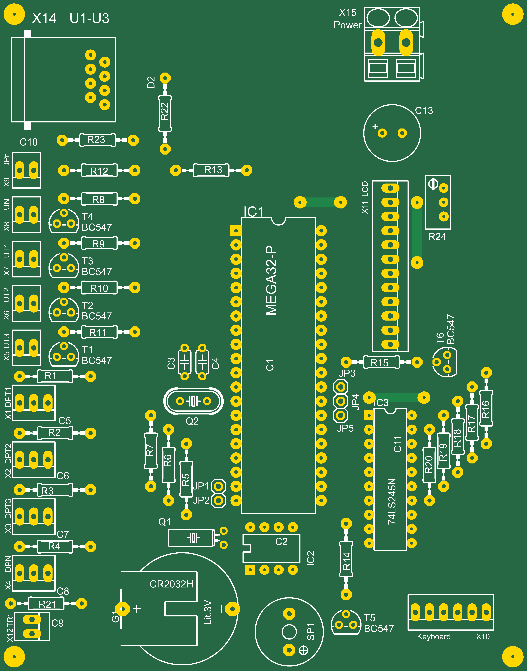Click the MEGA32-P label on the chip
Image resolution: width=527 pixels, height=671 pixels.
[271, 280]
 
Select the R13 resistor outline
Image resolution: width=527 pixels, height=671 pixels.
[211, 170]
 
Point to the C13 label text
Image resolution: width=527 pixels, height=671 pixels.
[424, 111]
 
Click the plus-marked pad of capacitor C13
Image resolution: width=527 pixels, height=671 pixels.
[382, 133]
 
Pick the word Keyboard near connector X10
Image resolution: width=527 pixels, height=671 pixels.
[434, 637]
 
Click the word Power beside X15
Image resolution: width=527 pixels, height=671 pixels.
[347, 25]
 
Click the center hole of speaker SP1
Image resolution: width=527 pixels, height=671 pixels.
[289, 632]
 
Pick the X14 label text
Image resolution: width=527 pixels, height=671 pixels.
[44, 19]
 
